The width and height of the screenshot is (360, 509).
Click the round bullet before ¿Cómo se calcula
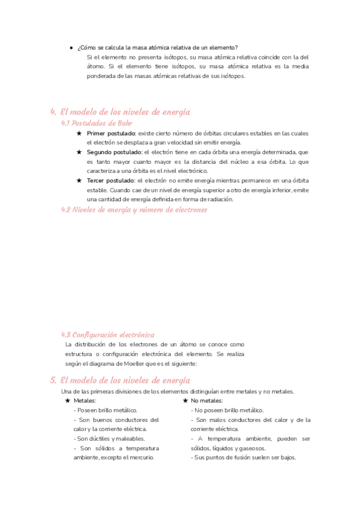[71, 47]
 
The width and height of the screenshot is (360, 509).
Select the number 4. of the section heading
[54, 112]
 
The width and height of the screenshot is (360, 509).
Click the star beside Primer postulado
[79, 133]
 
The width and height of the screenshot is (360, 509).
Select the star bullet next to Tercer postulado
[79, 180]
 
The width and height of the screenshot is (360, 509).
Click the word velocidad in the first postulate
[170, 142]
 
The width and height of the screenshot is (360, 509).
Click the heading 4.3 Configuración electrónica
[108, 334]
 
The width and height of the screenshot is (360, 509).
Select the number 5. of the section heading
[54, 380]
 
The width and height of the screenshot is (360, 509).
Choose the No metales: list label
[207, 400]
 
